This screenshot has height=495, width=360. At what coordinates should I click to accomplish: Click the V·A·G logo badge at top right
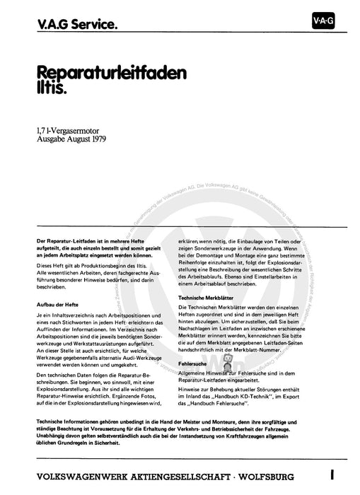[x=323, y=22]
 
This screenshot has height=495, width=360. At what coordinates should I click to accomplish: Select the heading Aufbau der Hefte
[x=59, y=303]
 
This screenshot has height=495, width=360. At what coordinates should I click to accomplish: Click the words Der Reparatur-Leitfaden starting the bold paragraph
[x=67, y=241]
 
